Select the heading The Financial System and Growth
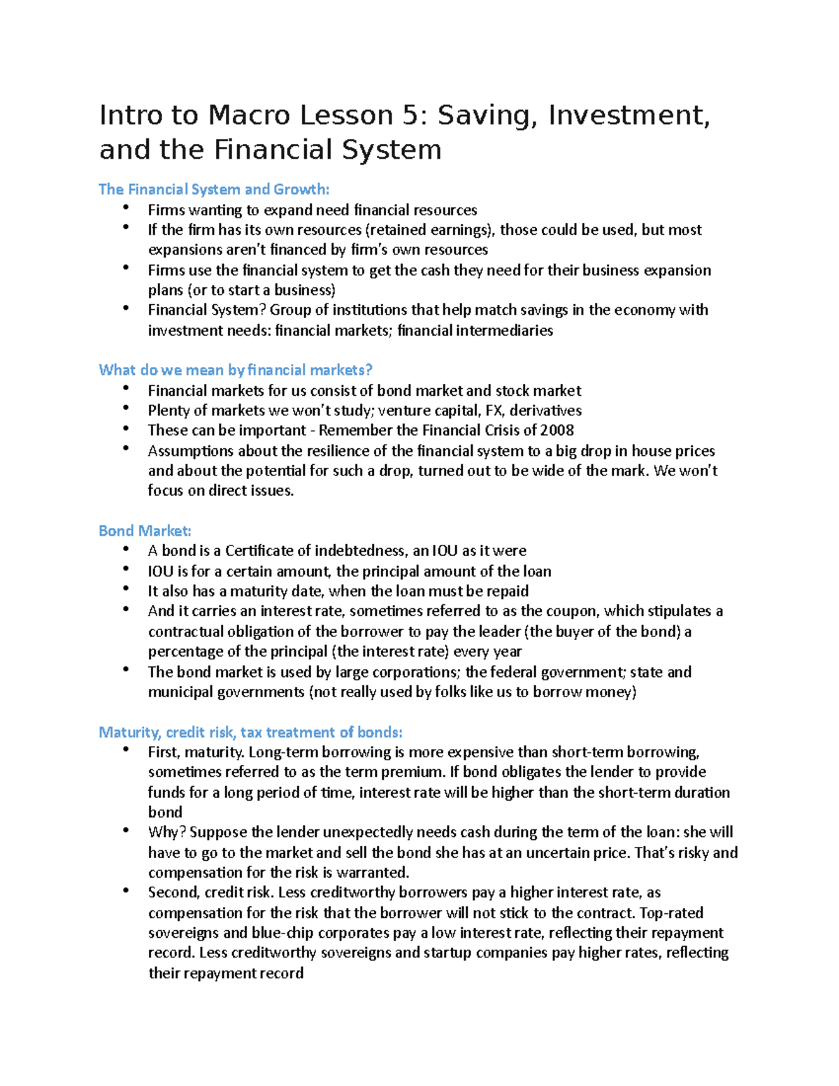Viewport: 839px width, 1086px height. click(213, 189)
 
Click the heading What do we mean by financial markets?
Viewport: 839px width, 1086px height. click(236, 369)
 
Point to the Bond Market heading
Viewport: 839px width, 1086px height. click(145, 530)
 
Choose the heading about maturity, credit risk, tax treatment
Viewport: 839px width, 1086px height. click(250, 732)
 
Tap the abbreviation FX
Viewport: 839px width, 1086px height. click(494, 410)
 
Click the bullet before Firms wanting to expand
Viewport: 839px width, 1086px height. click(125, 207)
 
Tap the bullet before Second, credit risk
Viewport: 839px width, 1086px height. click(125, 889)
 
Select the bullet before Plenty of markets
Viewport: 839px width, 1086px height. click(125, 408)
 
